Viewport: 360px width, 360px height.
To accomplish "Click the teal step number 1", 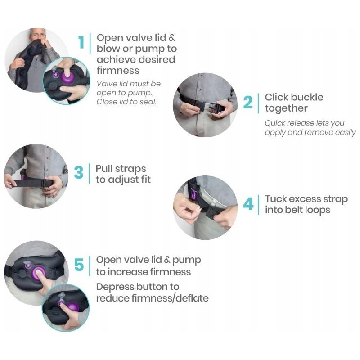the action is [x=81, y=42].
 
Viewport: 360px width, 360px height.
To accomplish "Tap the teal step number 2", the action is [x=248, y=102].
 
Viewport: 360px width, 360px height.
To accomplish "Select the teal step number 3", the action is [x=79, y=172].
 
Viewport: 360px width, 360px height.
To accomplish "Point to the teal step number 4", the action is [x=248, y=204].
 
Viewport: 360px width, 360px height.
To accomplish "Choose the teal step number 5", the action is [x=79, y=265].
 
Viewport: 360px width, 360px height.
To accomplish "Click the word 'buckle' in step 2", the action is [x=306, y=97].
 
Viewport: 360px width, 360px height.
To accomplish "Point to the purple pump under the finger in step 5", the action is [x=39, y=273].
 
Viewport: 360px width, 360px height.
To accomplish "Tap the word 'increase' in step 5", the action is [x=128, y=272].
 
